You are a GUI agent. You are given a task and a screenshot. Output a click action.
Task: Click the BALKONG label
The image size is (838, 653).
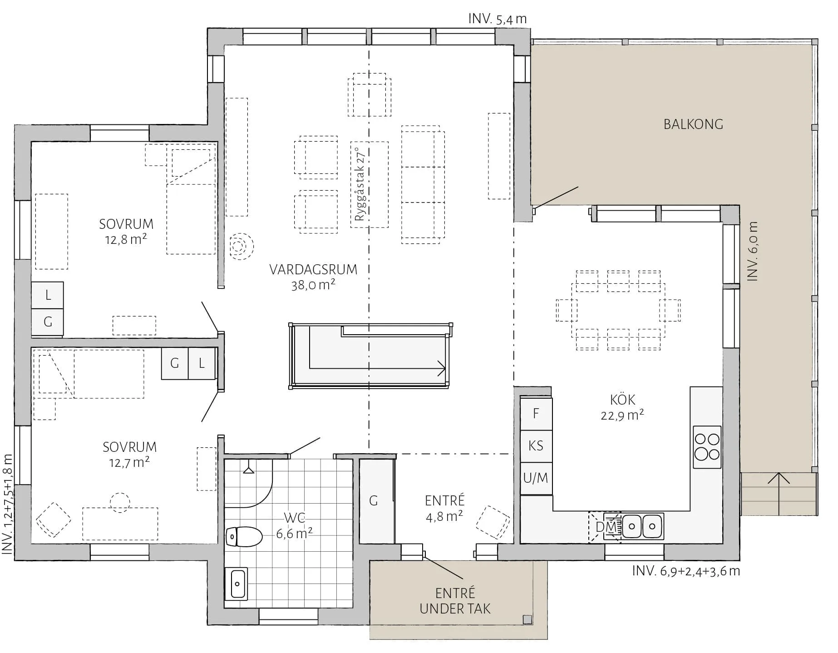pyautogui.click(x=693, y=124)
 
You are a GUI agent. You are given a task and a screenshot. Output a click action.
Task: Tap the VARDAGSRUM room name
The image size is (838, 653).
pyautogui.click(x=313, y=269)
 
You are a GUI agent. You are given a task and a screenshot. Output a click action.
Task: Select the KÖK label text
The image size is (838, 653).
pyautogui.click(x=623, y=400)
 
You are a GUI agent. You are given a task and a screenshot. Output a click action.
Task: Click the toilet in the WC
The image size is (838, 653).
pyautogui.click(x=244, y=536)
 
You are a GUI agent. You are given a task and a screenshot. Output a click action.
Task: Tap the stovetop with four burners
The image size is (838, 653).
pyautogui.click(x=707, y=447)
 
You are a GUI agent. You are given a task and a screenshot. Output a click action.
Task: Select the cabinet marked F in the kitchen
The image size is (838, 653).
pyautogui.click(x=536, y=414)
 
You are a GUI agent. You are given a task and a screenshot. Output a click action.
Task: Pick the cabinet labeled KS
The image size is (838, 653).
pyautogui.click(x=536, y=446)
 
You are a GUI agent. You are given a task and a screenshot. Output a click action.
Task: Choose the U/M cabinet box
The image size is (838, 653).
pyautogui.click(x=536, y=479)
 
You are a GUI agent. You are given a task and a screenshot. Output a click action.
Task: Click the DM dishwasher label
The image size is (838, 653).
pyautogui.click(x=606, y=527)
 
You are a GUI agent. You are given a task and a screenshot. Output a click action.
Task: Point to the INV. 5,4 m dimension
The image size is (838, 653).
pyautogui.click(x=498, y=19)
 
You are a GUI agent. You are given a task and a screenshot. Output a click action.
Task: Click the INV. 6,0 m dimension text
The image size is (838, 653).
pyautogui.click(x=752, y=251)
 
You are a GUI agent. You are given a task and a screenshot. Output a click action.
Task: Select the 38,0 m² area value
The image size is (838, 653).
pyautogui.click(x=313, y=285)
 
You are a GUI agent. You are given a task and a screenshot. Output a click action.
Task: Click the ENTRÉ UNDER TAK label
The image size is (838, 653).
pyautogui.click(x=455, y=601)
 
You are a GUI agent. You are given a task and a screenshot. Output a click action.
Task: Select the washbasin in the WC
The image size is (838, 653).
pyautogui.click(x=237, y=584)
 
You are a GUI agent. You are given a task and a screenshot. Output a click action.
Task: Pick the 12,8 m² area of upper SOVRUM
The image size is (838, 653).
pyautogui.click(x=126, y=239)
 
